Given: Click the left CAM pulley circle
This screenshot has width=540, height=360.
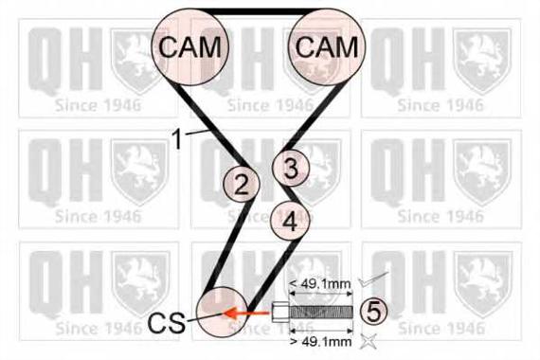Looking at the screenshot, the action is click(190, 46).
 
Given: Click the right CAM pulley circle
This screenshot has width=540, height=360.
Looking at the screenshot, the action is click(326, 46).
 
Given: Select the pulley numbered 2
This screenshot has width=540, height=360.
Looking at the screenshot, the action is click(241, 184).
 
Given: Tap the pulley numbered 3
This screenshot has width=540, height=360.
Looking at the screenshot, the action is click(291, 168).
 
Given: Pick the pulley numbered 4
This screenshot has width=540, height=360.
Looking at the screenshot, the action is click(290, 221).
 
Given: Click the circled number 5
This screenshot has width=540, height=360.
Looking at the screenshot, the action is click(373, 312).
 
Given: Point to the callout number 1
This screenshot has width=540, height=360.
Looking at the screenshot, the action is click(177, 139).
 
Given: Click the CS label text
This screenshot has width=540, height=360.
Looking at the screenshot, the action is click(167, 323).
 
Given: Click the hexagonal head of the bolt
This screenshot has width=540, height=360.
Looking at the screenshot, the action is click(280, 312).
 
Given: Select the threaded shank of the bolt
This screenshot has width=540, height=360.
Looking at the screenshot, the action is click(321, 312).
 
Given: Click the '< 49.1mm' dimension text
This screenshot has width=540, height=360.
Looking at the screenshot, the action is click(320, 284).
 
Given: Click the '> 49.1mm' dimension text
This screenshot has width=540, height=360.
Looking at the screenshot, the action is click(321, 341).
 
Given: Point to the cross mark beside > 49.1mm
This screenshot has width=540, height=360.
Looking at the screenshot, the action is click(368, 341).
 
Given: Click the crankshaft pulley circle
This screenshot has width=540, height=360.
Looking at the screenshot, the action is click(223, 312).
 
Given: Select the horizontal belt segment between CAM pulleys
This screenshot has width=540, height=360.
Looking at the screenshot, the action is click(259, 11).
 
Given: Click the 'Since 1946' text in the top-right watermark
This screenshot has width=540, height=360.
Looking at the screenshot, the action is click(441, 105).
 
